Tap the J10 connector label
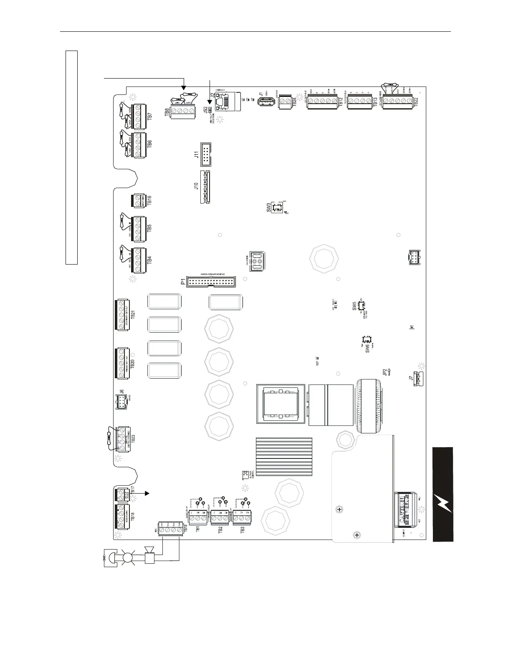point(195,186)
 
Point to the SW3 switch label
point(269,207)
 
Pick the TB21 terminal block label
point(133,314)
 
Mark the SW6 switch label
point(367,349)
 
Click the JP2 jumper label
point(385,372)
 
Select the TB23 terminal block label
point(133,438)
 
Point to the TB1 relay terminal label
point(198,528)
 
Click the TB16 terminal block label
point(149,199)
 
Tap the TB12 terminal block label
point(341,102)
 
